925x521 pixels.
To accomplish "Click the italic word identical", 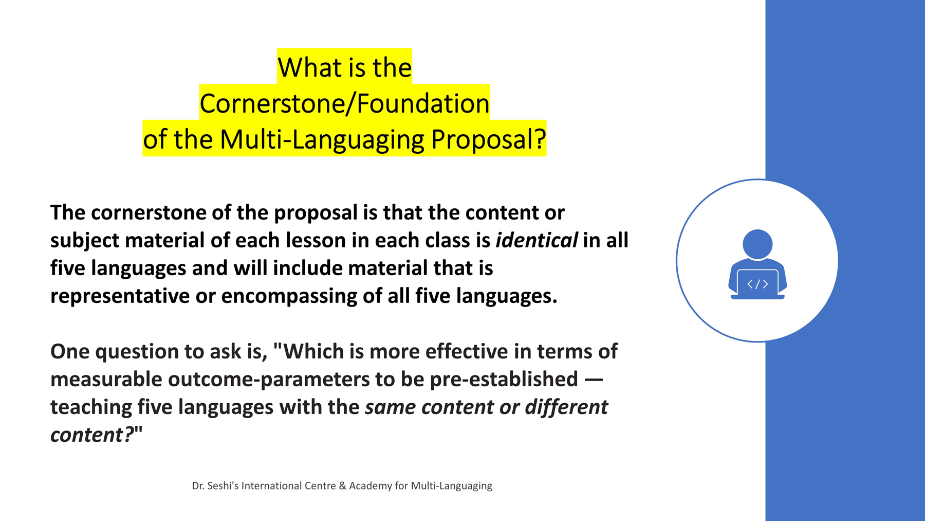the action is tap(536, 240).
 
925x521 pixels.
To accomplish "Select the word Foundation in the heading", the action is tap(423, 103).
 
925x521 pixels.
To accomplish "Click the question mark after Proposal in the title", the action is tap(540, 139).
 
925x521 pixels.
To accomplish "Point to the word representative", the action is tap(120, 296).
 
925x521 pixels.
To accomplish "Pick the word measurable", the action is tap(106, 379).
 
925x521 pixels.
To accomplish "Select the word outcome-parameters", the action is tap(268, 380).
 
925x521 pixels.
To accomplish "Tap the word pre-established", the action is tap(504, 379).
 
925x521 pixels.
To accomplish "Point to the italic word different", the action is tap(566, 407).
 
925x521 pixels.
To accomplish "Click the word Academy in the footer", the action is tap(371, 486).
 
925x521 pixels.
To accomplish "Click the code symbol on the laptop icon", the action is tap(757, 284).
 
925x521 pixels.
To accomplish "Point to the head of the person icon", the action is tap(757, 244).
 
